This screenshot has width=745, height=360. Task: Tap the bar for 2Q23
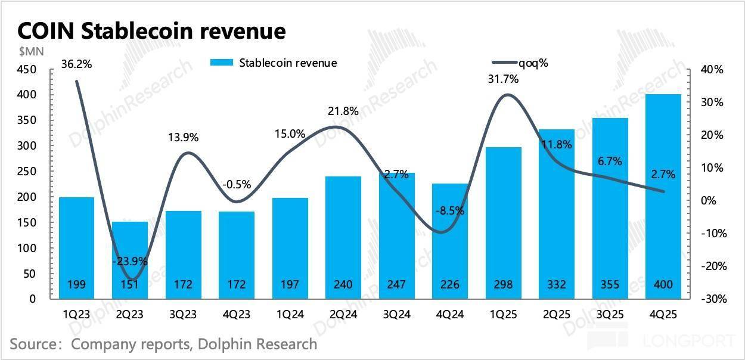coord(130,260)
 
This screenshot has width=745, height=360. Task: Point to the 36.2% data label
coord(77,63)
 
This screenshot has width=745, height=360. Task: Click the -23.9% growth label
coord(130,260)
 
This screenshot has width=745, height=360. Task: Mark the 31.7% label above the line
coord(504,78)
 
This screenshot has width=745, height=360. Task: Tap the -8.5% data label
coord(451,210)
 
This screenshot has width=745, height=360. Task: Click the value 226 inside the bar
coord(450,285)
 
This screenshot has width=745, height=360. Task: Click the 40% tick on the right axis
coord(712,70)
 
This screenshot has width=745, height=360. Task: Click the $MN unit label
coord(23,51)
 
